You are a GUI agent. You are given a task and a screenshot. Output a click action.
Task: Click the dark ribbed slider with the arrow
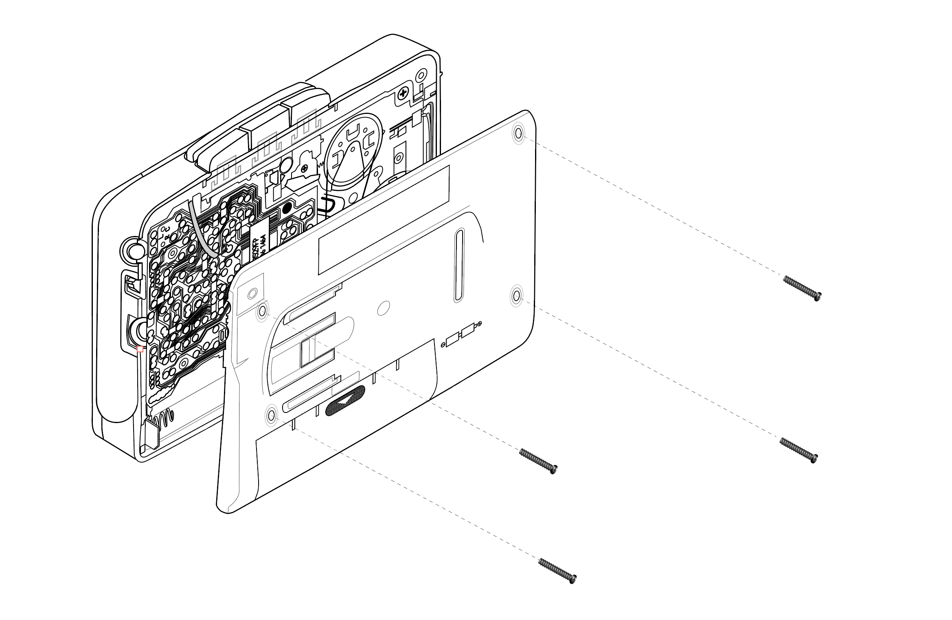345,400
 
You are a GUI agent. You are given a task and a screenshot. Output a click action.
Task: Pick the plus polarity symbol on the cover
480,323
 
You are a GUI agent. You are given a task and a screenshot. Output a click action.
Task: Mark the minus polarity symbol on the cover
443,345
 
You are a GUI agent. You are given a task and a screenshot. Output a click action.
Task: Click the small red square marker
140,349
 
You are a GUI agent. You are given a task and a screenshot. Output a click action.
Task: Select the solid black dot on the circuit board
287,208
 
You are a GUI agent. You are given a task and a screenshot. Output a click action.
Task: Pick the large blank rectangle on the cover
383,220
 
